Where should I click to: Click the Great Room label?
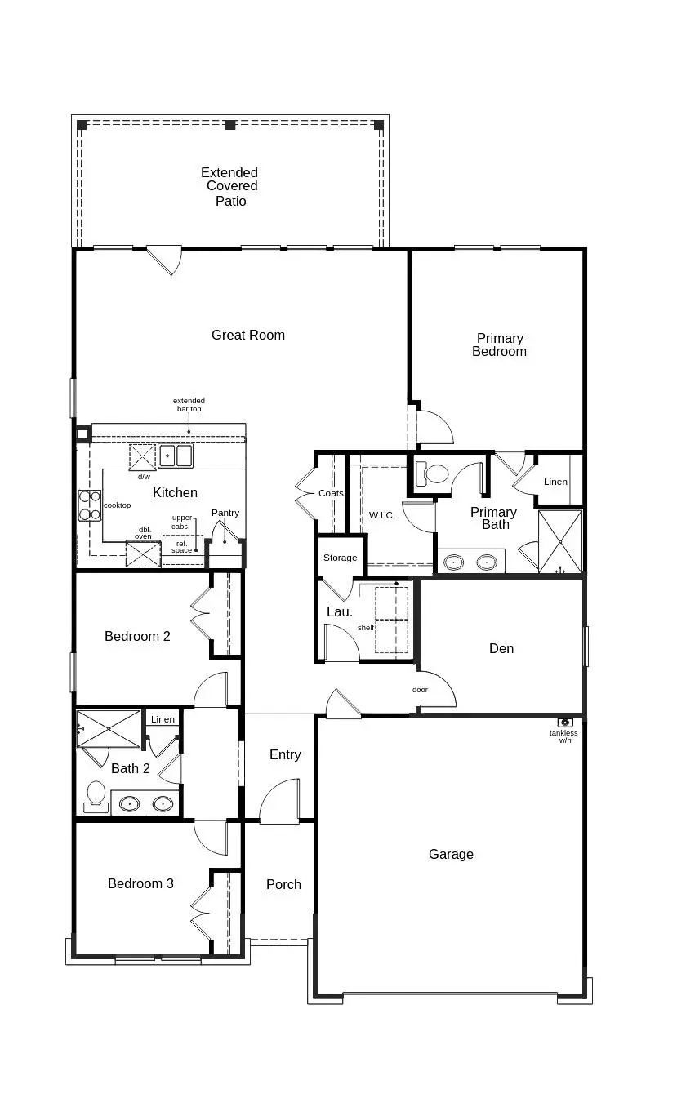248,335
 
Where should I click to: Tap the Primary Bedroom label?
500,345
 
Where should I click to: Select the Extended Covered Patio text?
230,187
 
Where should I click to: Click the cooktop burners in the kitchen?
90,505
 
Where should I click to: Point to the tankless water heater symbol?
564,723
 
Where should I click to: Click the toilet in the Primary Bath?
433,473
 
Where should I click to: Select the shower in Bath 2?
109,728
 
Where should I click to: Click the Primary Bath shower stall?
560,541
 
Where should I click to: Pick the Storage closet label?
340,558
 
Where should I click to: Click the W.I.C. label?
382,515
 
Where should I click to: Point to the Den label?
501,648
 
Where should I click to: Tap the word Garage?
451,854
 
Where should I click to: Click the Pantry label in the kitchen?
225,513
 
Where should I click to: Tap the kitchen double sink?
176,456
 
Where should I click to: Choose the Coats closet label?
331,493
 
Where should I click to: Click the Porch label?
283,884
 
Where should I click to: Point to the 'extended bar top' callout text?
189,404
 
